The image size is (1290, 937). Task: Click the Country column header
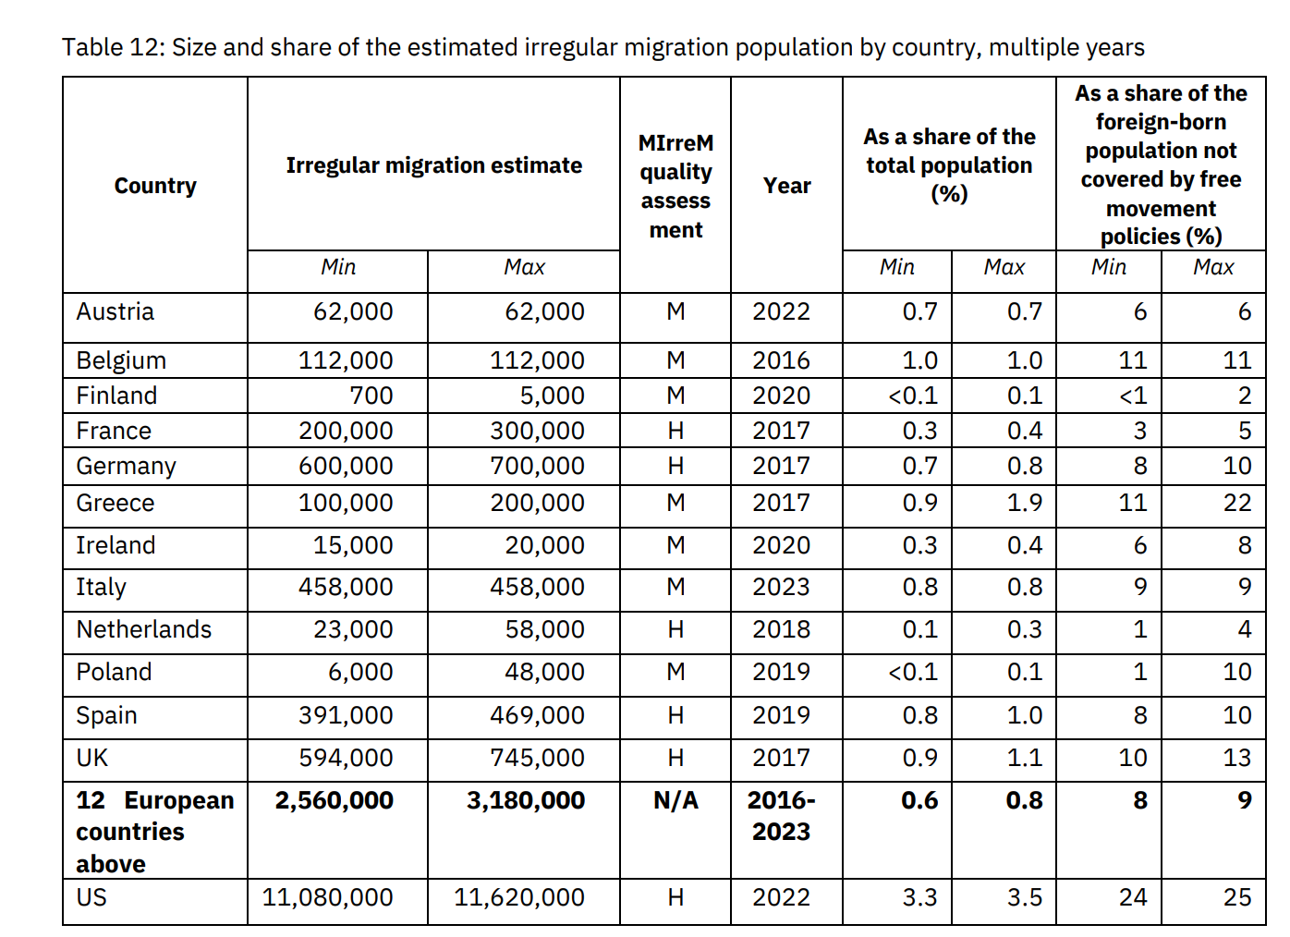(x=155, y=186)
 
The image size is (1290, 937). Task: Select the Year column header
(x=786, y=186)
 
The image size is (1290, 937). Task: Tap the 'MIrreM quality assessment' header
(x=675, y=186)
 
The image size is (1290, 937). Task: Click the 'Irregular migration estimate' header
(x=433, y=165)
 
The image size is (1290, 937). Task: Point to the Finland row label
(x=116, y=395)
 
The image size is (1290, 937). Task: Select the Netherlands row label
(x=143, y=629)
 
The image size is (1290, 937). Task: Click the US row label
(x=91, y=897)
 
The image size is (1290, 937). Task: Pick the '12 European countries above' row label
(x=154, y=831)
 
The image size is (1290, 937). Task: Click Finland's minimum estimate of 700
(x=371, y=395)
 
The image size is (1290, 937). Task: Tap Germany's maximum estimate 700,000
(x=537, y=466)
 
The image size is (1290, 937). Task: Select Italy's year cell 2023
(x=781, y=587)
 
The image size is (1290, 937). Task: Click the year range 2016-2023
(x=781, y=815)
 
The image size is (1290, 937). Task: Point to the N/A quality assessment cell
(x=675, y=800)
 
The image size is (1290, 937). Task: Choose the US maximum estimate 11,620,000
(x=518, y=897)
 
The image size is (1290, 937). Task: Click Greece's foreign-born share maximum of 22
(x=1236, y=503)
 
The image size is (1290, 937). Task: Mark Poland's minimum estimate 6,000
(x=360, y=672)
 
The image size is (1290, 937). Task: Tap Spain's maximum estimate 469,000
(x=537, y=715)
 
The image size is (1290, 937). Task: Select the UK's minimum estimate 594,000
(x=346, y=758)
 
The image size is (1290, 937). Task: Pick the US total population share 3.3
(x=919, y=897)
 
